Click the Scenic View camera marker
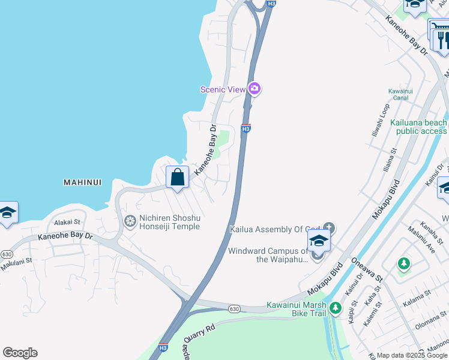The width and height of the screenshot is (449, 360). pos(255,89)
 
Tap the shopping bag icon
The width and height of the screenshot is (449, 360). pos(177,177)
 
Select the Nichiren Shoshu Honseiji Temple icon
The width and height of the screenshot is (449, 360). pos(130,221)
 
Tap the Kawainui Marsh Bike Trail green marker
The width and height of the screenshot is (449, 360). pos(335,309)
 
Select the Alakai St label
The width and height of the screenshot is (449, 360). pos(67,222)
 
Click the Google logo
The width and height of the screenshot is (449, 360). pos(20,353)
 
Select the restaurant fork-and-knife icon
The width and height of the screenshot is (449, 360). pos(442,40)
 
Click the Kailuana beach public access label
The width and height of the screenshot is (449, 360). pos(418,127)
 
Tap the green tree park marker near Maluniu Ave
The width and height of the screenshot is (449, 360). pos(404,263)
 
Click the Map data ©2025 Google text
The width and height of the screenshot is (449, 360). pos(412,355)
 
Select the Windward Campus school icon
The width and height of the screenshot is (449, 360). pos(318,242)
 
